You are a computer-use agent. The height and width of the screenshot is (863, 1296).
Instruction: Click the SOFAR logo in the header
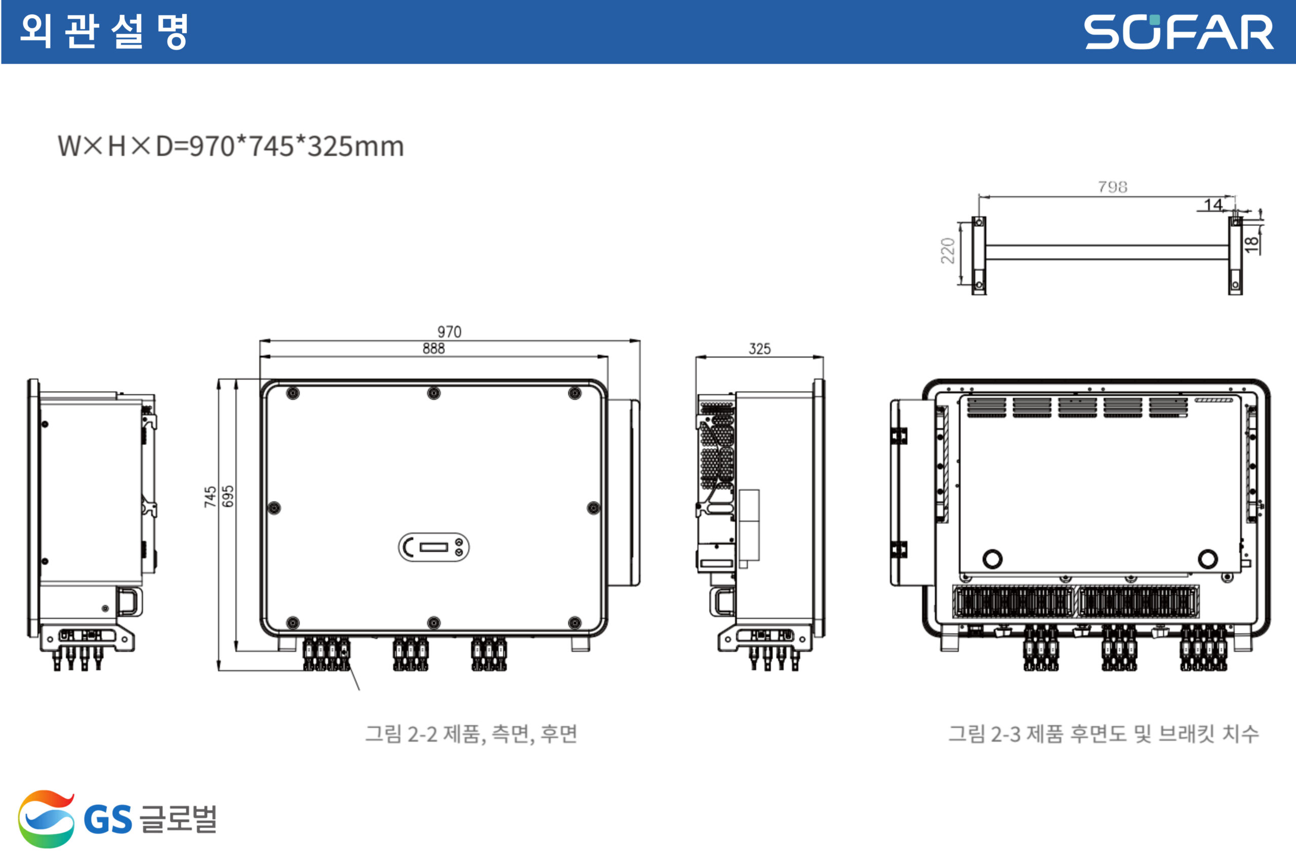[1179, 32]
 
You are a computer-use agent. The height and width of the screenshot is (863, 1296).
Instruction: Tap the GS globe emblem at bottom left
[46, 819]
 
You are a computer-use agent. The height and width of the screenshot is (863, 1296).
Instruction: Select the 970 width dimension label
[449, 332]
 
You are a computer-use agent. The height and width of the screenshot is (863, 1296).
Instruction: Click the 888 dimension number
[434, 348]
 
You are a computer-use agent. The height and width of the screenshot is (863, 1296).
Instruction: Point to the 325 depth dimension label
[759, 349]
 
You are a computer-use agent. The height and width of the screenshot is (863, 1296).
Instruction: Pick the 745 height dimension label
[210, 497]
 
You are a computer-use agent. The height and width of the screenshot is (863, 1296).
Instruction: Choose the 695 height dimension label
[228, 497]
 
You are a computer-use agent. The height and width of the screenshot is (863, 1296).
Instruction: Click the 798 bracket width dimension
[1112, 187]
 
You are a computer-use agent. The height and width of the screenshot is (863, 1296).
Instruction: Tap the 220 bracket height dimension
[948, 251]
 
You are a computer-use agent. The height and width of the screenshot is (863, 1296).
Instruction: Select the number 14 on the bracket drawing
[1213, 205]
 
